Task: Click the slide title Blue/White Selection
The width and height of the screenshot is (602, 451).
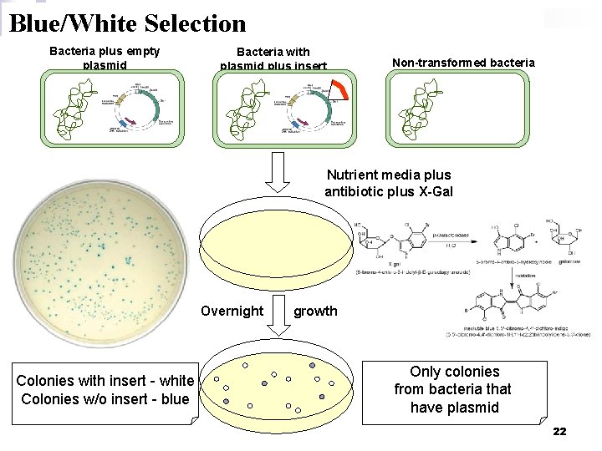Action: [x=127, y=23]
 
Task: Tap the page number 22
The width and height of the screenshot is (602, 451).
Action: [x=559, y=431]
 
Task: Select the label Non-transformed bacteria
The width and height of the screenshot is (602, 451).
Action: [x=463, y=63]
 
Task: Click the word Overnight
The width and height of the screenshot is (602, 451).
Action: [x=232, y=311]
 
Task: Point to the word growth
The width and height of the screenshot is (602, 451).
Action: [x=315, y=311]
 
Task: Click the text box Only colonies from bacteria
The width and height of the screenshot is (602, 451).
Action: [x=454, y=389]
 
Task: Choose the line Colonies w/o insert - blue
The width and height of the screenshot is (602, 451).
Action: [x=105, y=398]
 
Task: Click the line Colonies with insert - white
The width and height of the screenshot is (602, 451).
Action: [x=105, y=381]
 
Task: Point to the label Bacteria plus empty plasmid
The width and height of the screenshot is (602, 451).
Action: [x=105, y=57]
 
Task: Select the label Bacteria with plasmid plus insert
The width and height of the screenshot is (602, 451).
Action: [x=273, y=58]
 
